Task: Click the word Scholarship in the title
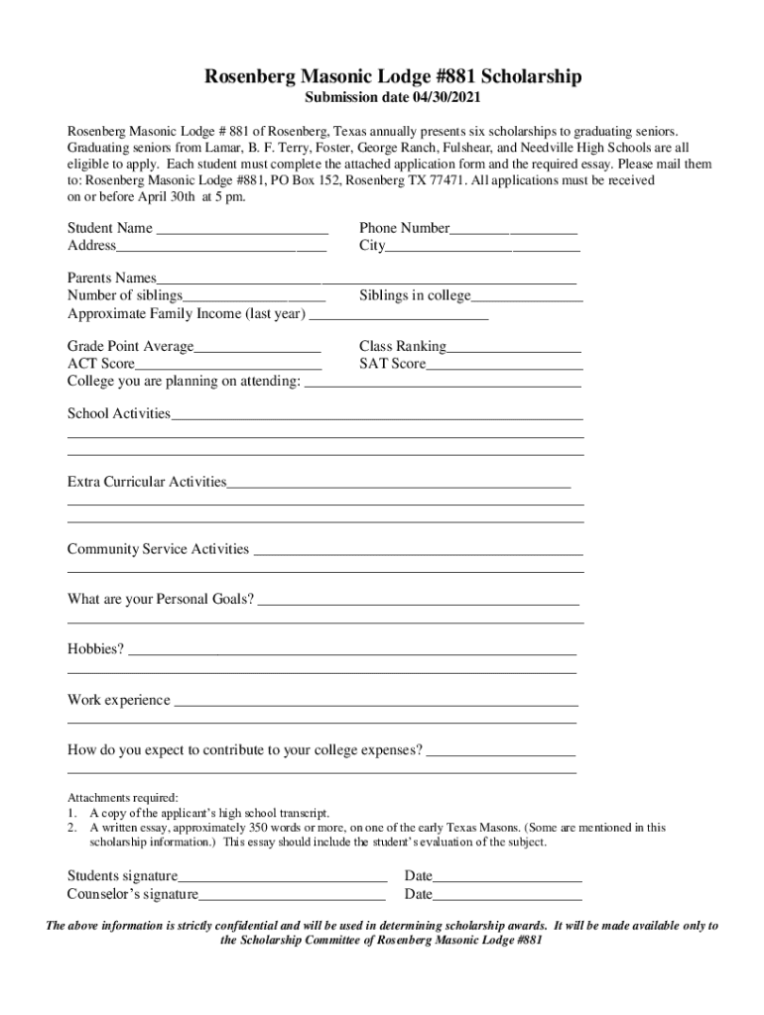pyautogui.click(x=525, y=77)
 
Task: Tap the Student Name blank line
pyautogui.click(x=242, y=231)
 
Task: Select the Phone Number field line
pyautogui.click(x=513, y=231)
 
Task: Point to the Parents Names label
pyautogui.click(x=112, y=279)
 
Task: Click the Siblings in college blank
pyautogui.click(x=527, y=298)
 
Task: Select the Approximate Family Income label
pyautogui.click(x=187, y=314)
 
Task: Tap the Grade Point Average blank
pyautogui.click(x=257, y=349)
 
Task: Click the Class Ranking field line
pyautogui.click(x=514, y=349)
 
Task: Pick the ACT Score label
pyautogui.click(x=101, y=365)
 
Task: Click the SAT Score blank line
pyautogui.click(x=504, y=367)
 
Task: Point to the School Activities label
pyautogui.click(x=119, y=413)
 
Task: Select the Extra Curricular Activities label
pyautogui.click(x=147, y=482)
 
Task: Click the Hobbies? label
pyautogui.click(x=96, y=649)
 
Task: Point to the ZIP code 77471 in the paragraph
pyautogui.click(x=446, y=181)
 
